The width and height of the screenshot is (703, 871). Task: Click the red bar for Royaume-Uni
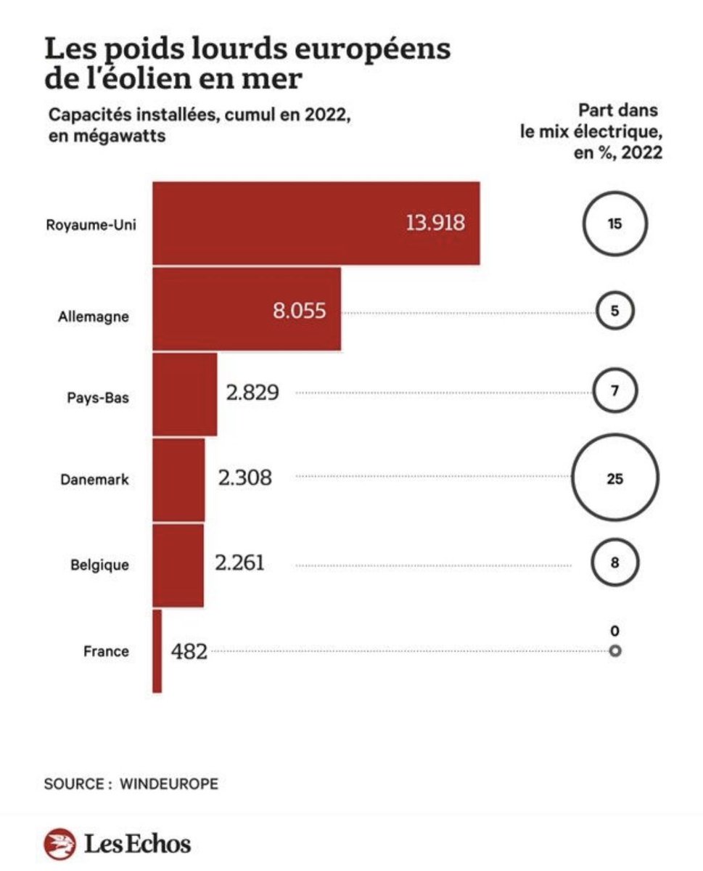(316, 224)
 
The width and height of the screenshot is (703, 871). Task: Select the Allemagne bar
(247, 309)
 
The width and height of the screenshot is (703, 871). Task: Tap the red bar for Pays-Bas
(185, 394)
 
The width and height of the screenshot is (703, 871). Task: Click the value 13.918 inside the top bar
(435, 224)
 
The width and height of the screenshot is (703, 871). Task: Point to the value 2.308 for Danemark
(244, 478)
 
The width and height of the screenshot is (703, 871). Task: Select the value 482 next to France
(189, 651)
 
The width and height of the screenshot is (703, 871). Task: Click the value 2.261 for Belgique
(240, 563)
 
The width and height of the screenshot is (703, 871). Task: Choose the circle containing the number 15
(614, 192)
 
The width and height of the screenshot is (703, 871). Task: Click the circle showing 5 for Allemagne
(614, 293)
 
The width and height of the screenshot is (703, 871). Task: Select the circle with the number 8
(614, 539)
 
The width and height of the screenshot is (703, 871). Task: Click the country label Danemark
(94, 479)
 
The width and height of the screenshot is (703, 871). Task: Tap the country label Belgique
(99, 565)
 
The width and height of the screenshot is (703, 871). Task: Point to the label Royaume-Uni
(91, 225)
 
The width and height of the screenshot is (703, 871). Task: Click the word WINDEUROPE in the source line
(169, 784)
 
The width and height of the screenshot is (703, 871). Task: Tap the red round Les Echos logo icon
(60, 843)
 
